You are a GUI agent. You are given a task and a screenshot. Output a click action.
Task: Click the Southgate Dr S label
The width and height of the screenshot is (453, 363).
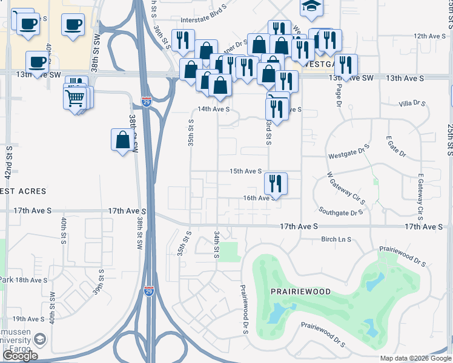341,212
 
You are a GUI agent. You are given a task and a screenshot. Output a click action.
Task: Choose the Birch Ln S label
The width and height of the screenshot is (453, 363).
336,240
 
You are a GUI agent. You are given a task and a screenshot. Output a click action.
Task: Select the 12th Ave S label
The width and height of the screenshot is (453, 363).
429,36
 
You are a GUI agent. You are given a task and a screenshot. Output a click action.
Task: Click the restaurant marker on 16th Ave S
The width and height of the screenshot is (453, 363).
276,182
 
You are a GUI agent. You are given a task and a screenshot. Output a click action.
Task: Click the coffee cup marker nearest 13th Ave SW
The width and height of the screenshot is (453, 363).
37,61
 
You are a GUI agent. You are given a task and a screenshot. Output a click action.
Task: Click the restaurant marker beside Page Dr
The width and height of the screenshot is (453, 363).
346,65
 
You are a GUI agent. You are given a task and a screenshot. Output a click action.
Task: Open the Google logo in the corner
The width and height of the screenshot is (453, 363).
20,356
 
